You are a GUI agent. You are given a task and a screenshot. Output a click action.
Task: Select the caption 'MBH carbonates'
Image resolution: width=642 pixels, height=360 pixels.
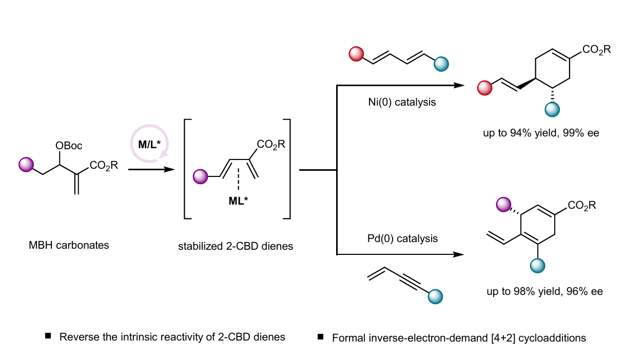69,245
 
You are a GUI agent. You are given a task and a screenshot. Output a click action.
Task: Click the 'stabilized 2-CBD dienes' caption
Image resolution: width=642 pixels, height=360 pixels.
236,246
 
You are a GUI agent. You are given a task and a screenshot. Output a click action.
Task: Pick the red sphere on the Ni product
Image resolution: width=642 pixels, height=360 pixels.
484,88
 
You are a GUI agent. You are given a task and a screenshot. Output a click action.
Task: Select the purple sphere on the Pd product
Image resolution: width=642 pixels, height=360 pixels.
503,205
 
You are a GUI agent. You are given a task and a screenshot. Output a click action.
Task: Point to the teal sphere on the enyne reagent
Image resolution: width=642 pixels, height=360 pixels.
435,296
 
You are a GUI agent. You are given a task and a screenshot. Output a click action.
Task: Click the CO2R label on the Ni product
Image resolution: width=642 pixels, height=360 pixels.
596,50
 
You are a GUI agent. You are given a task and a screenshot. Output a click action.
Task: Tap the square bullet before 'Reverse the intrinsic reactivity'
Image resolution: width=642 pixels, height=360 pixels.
48,336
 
